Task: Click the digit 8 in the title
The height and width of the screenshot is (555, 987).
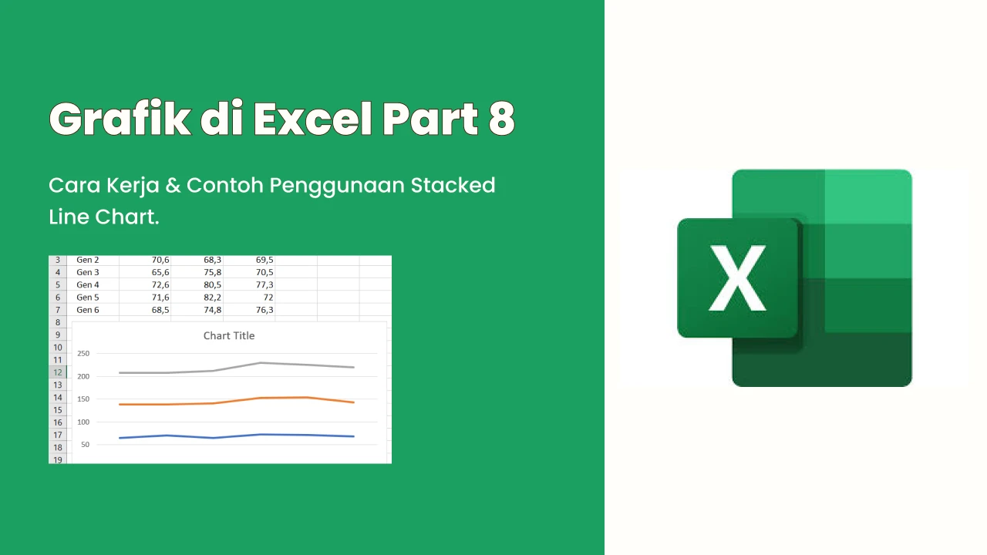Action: pos(501,119)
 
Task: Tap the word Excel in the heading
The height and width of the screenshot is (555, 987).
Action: pos(313,118)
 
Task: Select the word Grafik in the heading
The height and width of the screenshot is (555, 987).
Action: pos(120,118)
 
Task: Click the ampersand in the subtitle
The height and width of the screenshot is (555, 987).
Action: pos(173,186)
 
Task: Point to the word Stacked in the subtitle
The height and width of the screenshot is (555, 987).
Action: pos(453,185)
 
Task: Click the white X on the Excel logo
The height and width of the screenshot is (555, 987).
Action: pos(737,278)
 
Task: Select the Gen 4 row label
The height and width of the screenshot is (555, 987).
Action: pos(88,284)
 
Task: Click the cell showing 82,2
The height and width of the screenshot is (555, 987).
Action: pos(212,298)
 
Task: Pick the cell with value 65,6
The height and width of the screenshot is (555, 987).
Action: pos(160,272)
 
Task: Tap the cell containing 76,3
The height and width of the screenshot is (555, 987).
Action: pos(264,310)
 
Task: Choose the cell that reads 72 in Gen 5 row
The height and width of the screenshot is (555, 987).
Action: pos(268,298)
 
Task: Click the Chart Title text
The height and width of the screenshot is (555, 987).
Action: pos(229,335)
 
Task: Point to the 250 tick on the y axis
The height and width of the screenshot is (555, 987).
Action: pos(83,353)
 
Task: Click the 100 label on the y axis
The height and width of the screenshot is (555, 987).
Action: pos(83,422)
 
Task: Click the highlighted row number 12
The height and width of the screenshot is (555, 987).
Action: pos(58,372)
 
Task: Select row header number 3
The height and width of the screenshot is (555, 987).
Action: pos(58,260)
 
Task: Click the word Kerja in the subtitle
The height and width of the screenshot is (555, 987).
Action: pos(133,187)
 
